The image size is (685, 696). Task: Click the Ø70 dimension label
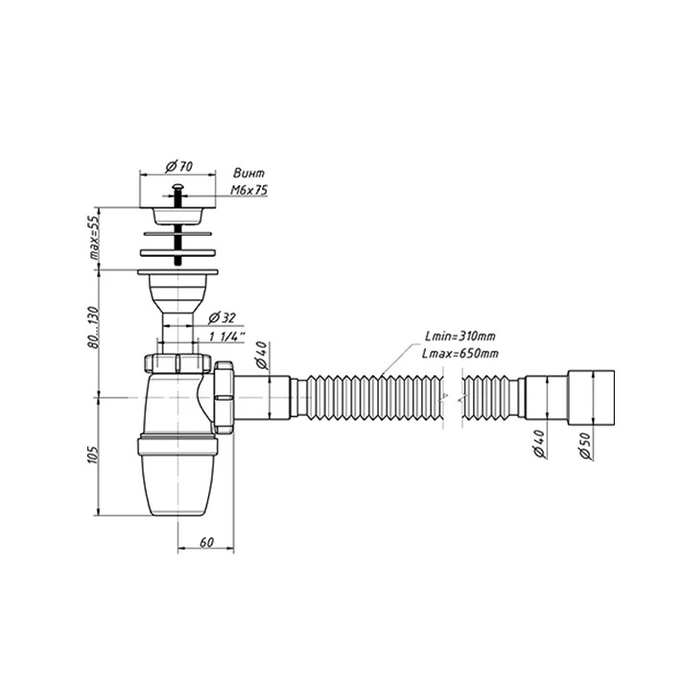click(179, 167)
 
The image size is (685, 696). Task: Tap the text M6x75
click(249, 191)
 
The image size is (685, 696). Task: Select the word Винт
click(249, 174)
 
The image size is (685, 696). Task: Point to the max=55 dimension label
click(95, 239)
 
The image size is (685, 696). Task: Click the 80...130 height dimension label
click(94, 327)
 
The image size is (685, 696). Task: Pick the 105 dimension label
click(93, 454)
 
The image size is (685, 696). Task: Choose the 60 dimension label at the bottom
click(207, 542)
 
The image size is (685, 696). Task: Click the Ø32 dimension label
click(222, 318)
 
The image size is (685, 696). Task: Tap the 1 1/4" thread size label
click(227, 336)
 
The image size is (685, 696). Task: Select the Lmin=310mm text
click(460, 336)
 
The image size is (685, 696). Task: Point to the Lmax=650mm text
click(461, 354)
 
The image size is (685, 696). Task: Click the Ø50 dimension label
click(586, 446)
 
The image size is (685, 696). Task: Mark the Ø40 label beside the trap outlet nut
click(262, 355)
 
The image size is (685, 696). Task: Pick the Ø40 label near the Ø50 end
click(539, 444)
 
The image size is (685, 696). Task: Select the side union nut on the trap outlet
click(224, 397)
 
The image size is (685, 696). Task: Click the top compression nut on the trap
click(177, 363)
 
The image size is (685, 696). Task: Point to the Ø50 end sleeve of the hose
click(591, 397)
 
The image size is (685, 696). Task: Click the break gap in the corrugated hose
click(453, 397)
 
